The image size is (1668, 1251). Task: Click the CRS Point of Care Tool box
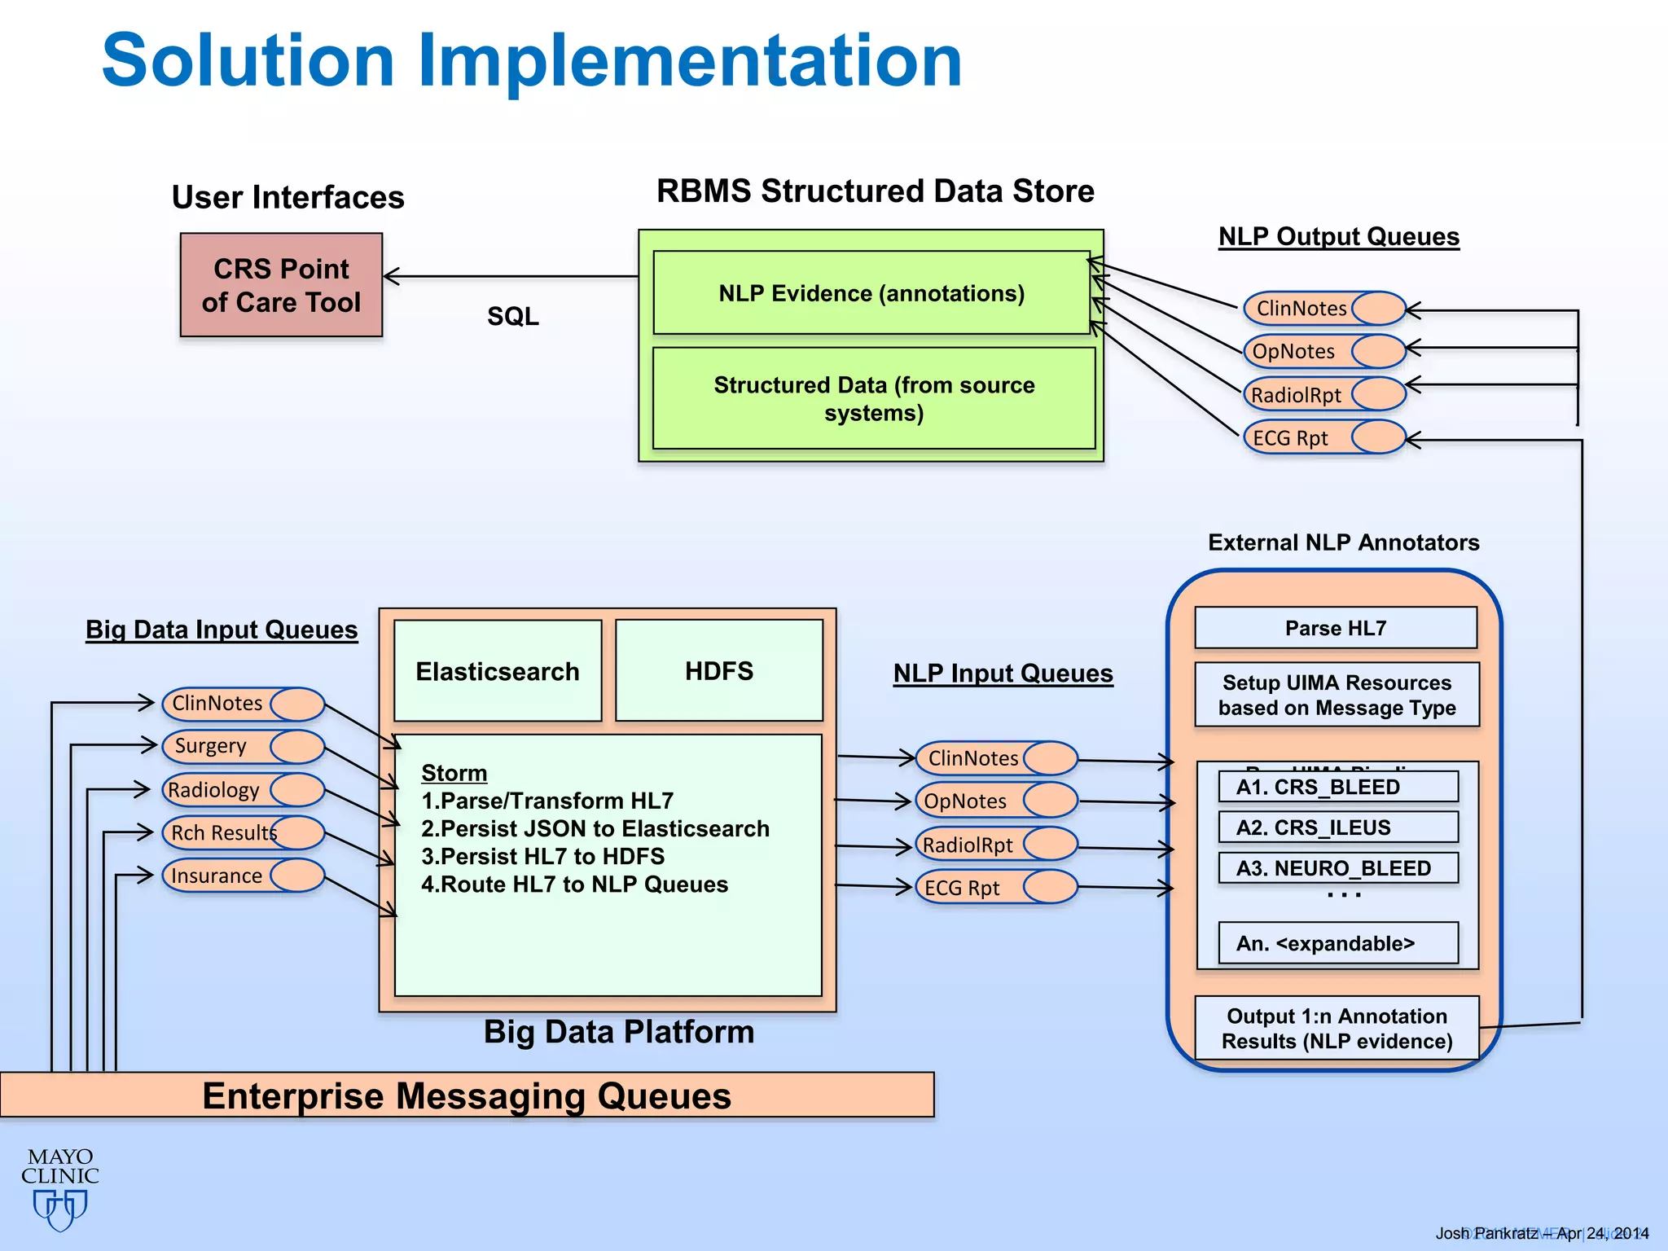[281, 285]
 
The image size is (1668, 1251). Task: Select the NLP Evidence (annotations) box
[871, 293]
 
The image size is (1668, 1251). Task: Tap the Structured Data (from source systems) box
[874, 398]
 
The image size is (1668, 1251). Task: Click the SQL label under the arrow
[512, 316]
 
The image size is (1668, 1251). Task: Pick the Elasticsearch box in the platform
[498, 671]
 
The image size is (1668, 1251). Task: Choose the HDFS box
[718, 671]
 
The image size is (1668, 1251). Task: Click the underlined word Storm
[454, 773]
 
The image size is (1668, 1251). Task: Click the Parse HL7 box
[1336, 628]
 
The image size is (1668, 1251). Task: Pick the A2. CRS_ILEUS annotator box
[1337, 827]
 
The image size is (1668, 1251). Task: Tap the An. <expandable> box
[1337, 943]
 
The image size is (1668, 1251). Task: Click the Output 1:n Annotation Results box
[1337, 1028]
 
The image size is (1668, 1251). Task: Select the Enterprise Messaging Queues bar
[467, 1095]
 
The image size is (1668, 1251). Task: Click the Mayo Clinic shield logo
[60, 1209]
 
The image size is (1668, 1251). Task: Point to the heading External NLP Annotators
[1343, 542]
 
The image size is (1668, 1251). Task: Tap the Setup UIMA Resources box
[1337, 695]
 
